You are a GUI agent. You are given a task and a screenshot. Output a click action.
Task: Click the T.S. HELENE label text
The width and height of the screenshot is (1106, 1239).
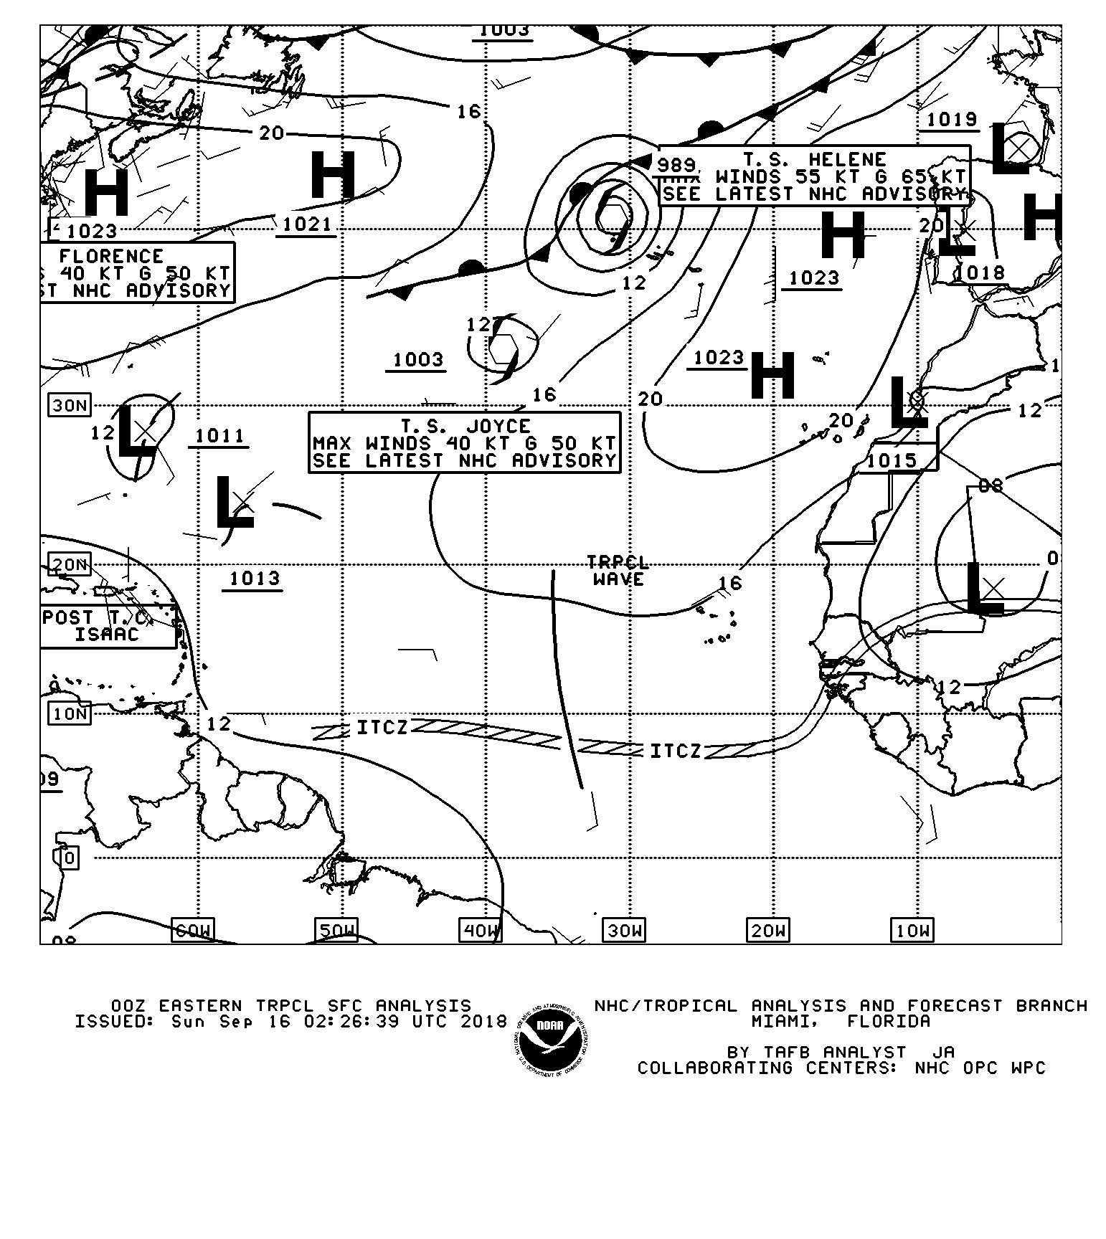[814, 159]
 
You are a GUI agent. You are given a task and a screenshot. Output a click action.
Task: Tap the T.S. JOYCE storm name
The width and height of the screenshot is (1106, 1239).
[465, 427]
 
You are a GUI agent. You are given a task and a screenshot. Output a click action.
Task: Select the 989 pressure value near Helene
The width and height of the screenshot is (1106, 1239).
[676, 165]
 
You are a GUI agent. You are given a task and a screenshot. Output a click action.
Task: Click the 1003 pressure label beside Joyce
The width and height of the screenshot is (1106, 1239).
[417, 359]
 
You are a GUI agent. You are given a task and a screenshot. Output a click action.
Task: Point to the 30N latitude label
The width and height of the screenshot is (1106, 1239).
[70, 406]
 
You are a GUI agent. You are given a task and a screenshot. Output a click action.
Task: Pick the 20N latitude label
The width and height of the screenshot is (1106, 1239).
[70, 564]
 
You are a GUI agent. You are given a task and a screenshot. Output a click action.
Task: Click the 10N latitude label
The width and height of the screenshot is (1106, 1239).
[70, 713]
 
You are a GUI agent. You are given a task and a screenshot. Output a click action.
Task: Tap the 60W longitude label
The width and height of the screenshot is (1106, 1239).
[193, 931]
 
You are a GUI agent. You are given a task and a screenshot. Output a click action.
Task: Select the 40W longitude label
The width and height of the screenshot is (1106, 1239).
[480, 931]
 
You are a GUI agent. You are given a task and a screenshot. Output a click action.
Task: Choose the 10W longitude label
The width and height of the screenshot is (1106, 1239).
[912, 931]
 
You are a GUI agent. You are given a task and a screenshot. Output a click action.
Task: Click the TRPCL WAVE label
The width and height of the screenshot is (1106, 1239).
[618, 571]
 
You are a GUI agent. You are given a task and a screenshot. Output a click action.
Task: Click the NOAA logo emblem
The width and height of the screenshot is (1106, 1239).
[552, 1038]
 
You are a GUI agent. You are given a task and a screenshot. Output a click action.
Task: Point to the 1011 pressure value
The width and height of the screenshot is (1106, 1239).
[219, 435]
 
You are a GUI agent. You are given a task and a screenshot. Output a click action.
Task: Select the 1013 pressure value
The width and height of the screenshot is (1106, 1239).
[254, 579]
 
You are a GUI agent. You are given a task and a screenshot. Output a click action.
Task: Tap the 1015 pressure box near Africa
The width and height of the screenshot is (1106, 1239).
[892, 460]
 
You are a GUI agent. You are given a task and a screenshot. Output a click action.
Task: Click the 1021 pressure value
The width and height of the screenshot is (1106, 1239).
[307, 224]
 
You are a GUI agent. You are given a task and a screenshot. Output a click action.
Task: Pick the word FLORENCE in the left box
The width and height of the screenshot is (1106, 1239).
[111, 256]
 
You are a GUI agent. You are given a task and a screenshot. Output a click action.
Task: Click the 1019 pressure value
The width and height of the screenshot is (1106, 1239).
[952, 119]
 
